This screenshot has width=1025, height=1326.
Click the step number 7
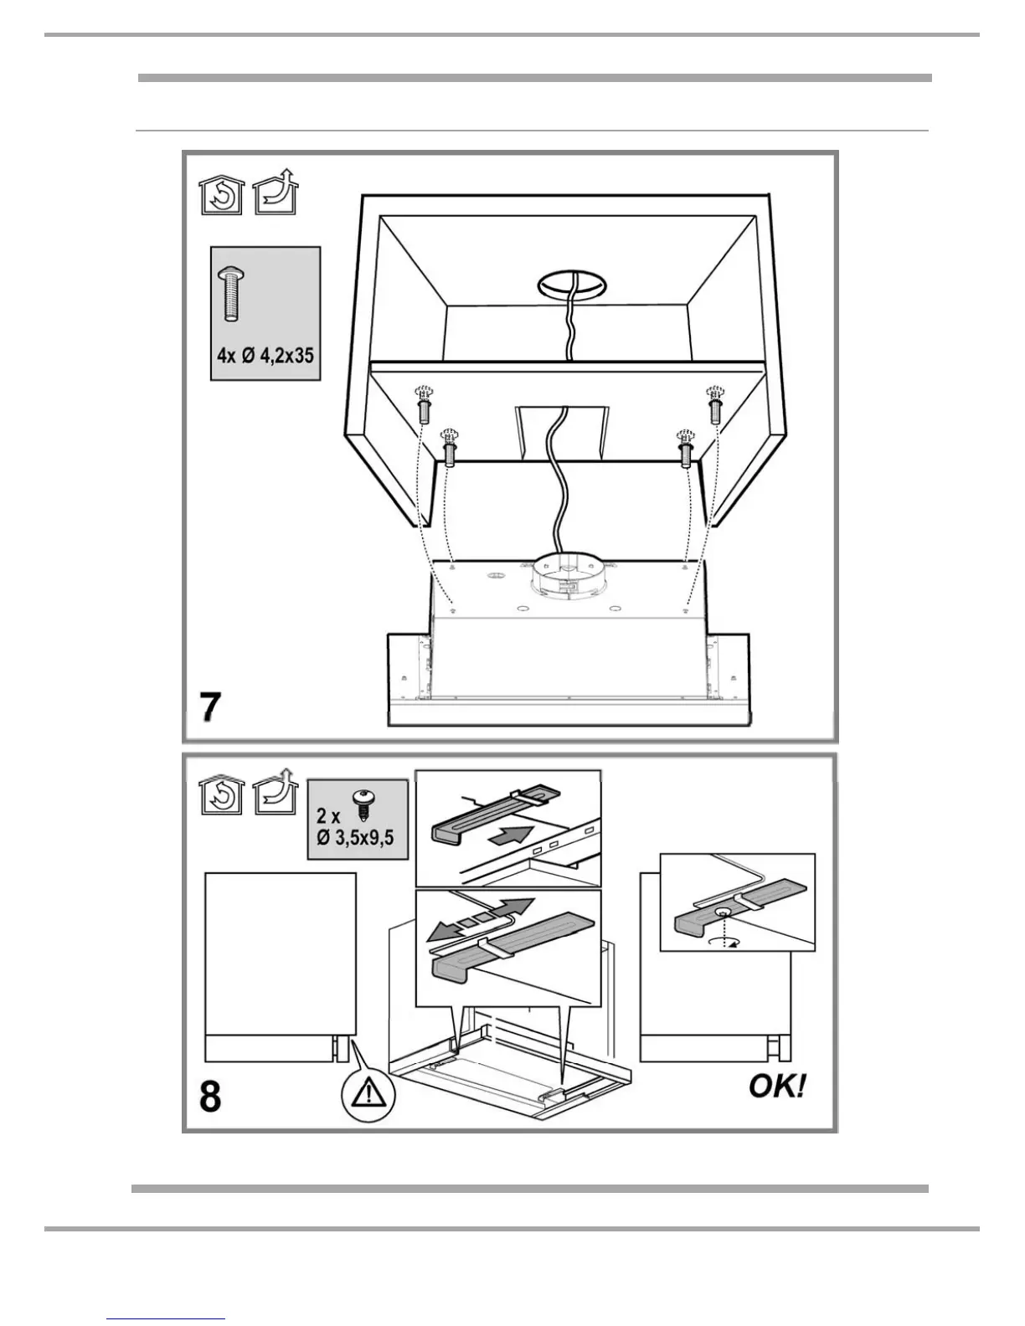click(x=210, y=707)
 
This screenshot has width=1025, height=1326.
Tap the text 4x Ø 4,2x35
click(x=265, y=355)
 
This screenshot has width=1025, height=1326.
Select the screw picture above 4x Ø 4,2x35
click(x=230, y=294)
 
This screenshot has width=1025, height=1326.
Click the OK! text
click(x=778, y=1087)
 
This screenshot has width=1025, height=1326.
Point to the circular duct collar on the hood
click(x=569, y=578)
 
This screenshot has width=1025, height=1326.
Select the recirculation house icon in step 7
click(x=221, y=197)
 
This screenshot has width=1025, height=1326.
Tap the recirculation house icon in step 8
click(x=221, y=796)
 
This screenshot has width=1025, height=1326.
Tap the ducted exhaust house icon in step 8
click(x=276, y=794)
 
